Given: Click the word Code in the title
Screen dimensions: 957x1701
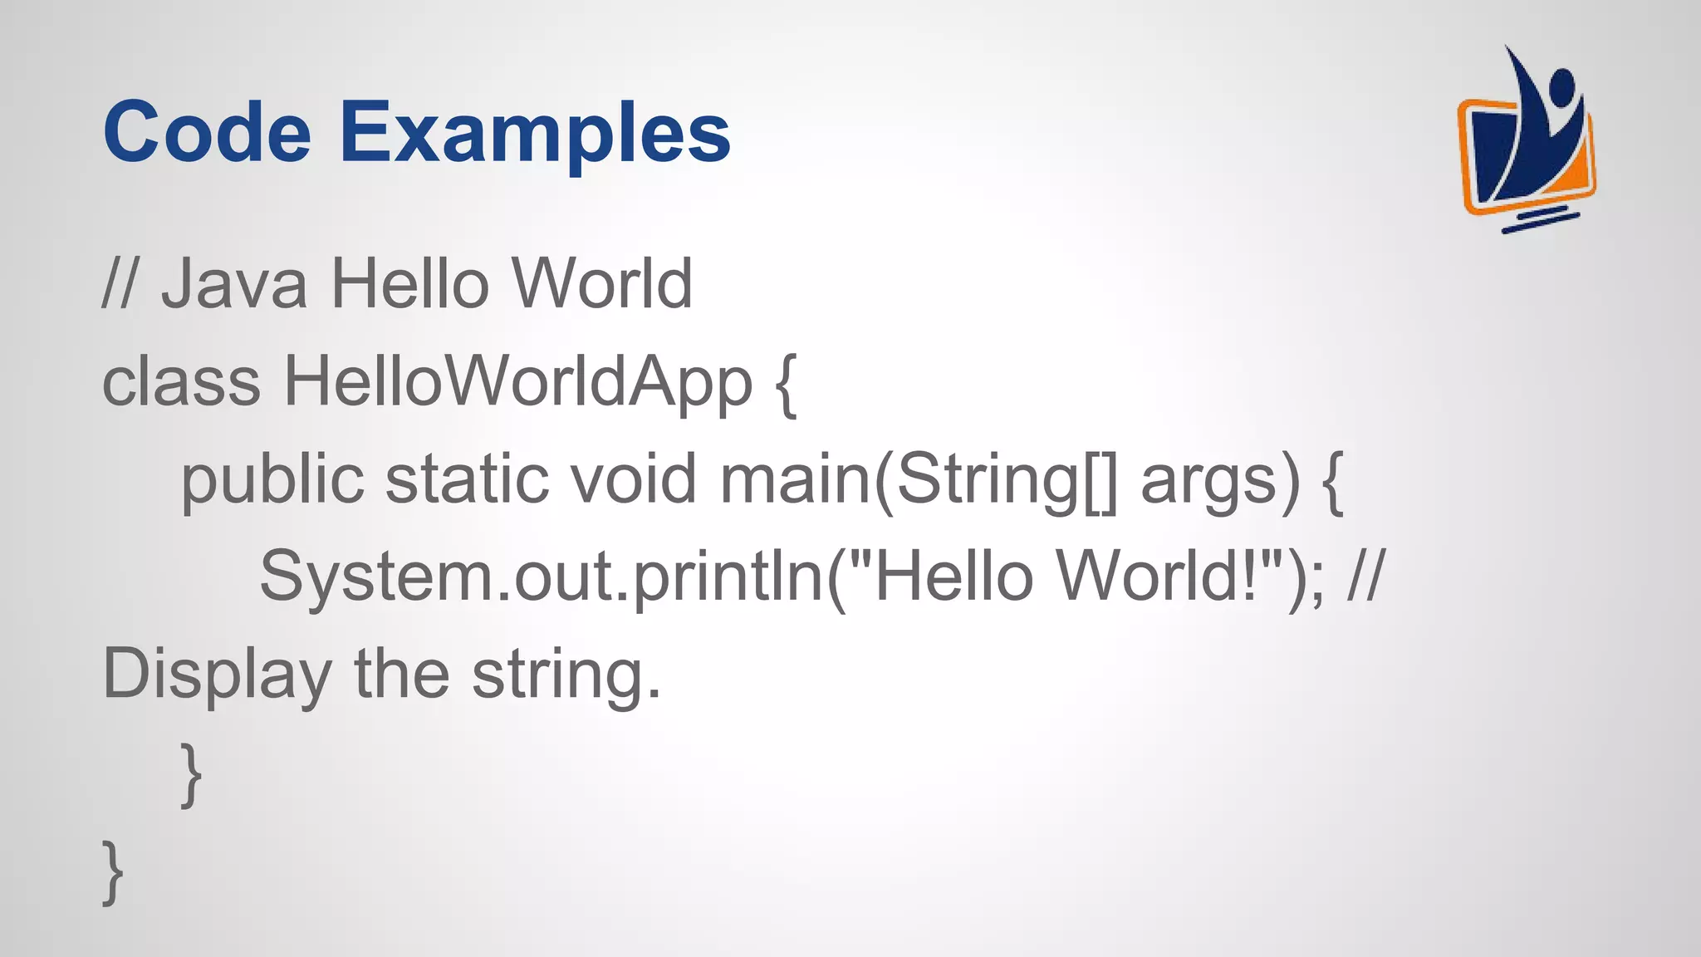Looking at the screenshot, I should pyautogui.click(x=207, y=133).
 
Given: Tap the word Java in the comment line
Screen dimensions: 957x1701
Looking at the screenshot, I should pyautogui.click(x=234, y=284).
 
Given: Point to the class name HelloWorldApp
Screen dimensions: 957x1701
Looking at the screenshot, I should pyautogui.click(x=518, y=384).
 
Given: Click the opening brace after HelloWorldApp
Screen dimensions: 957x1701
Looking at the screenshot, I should pyautogui.click(x=786, y=384).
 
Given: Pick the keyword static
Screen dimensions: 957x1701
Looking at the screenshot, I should pyautogui.click(x=467, y=480).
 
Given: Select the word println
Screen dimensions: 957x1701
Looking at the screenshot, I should pyautogui.click(x=728, y=577).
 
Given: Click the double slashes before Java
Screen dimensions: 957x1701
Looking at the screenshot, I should pyautogui.click(x=120, y=284).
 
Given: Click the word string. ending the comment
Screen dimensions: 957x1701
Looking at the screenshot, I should pyautogui.click(x=566, y=675).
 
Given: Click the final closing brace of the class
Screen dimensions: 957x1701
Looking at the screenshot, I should pyautogui.click(x=113, y=871).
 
